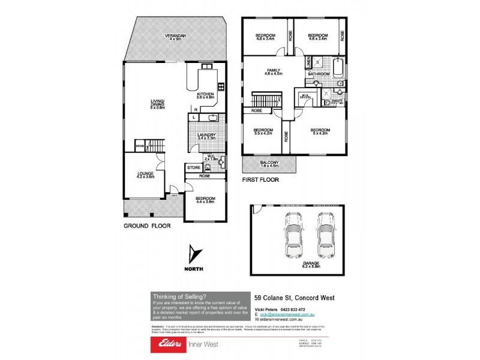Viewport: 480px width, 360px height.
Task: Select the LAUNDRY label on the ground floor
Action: pyautogui.click(x=206, y=137)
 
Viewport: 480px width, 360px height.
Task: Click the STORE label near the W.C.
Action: pyautogui.click(x=193, y=167)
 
